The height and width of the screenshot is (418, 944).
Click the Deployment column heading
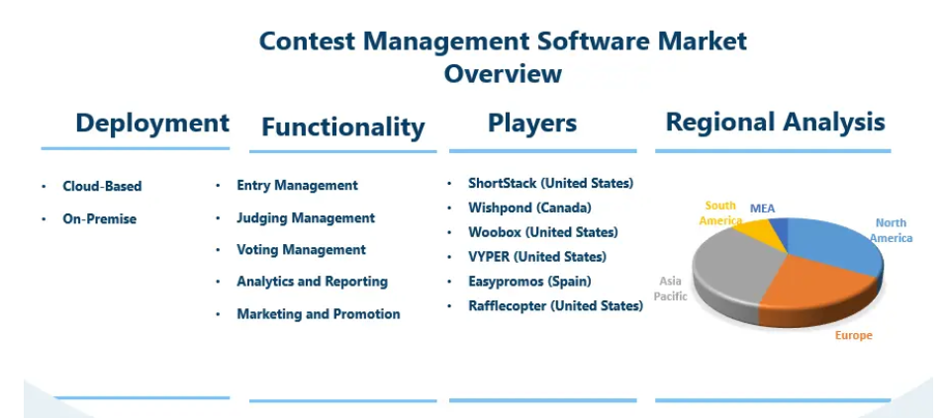tap(152, 123)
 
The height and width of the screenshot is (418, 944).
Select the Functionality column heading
tap(343, 126)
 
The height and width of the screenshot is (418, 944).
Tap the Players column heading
tap(532, 123)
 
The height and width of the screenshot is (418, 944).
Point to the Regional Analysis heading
tap(776, 123)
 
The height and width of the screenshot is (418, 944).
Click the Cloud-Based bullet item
tap(102, 187)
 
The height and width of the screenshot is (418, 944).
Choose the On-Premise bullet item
tap(100, 219)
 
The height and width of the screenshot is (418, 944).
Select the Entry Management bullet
tap(298, 185)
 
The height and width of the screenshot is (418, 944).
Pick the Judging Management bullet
tap(306, 217)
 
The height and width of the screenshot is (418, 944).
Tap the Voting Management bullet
tap(301, 250)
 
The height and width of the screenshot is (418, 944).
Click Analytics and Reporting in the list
tap(312, 282)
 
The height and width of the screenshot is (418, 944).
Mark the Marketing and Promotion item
tap(319, 314)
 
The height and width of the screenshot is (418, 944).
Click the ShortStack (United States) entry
tap(551, 183)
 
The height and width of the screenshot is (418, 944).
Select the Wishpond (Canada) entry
tap(529, 208)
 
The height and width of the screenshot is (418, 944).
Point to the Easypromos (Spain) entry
tap(529, 281)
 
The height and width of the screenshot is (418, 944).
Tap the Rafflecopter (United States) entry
tap(556, 305)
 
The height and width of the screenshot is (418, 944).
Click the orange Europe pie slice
tap(818, 289)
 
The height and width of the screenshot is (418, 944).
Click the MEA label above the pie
tap(762, 209)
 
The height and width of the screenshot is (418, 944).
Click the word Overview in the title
tap(504, 74)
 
